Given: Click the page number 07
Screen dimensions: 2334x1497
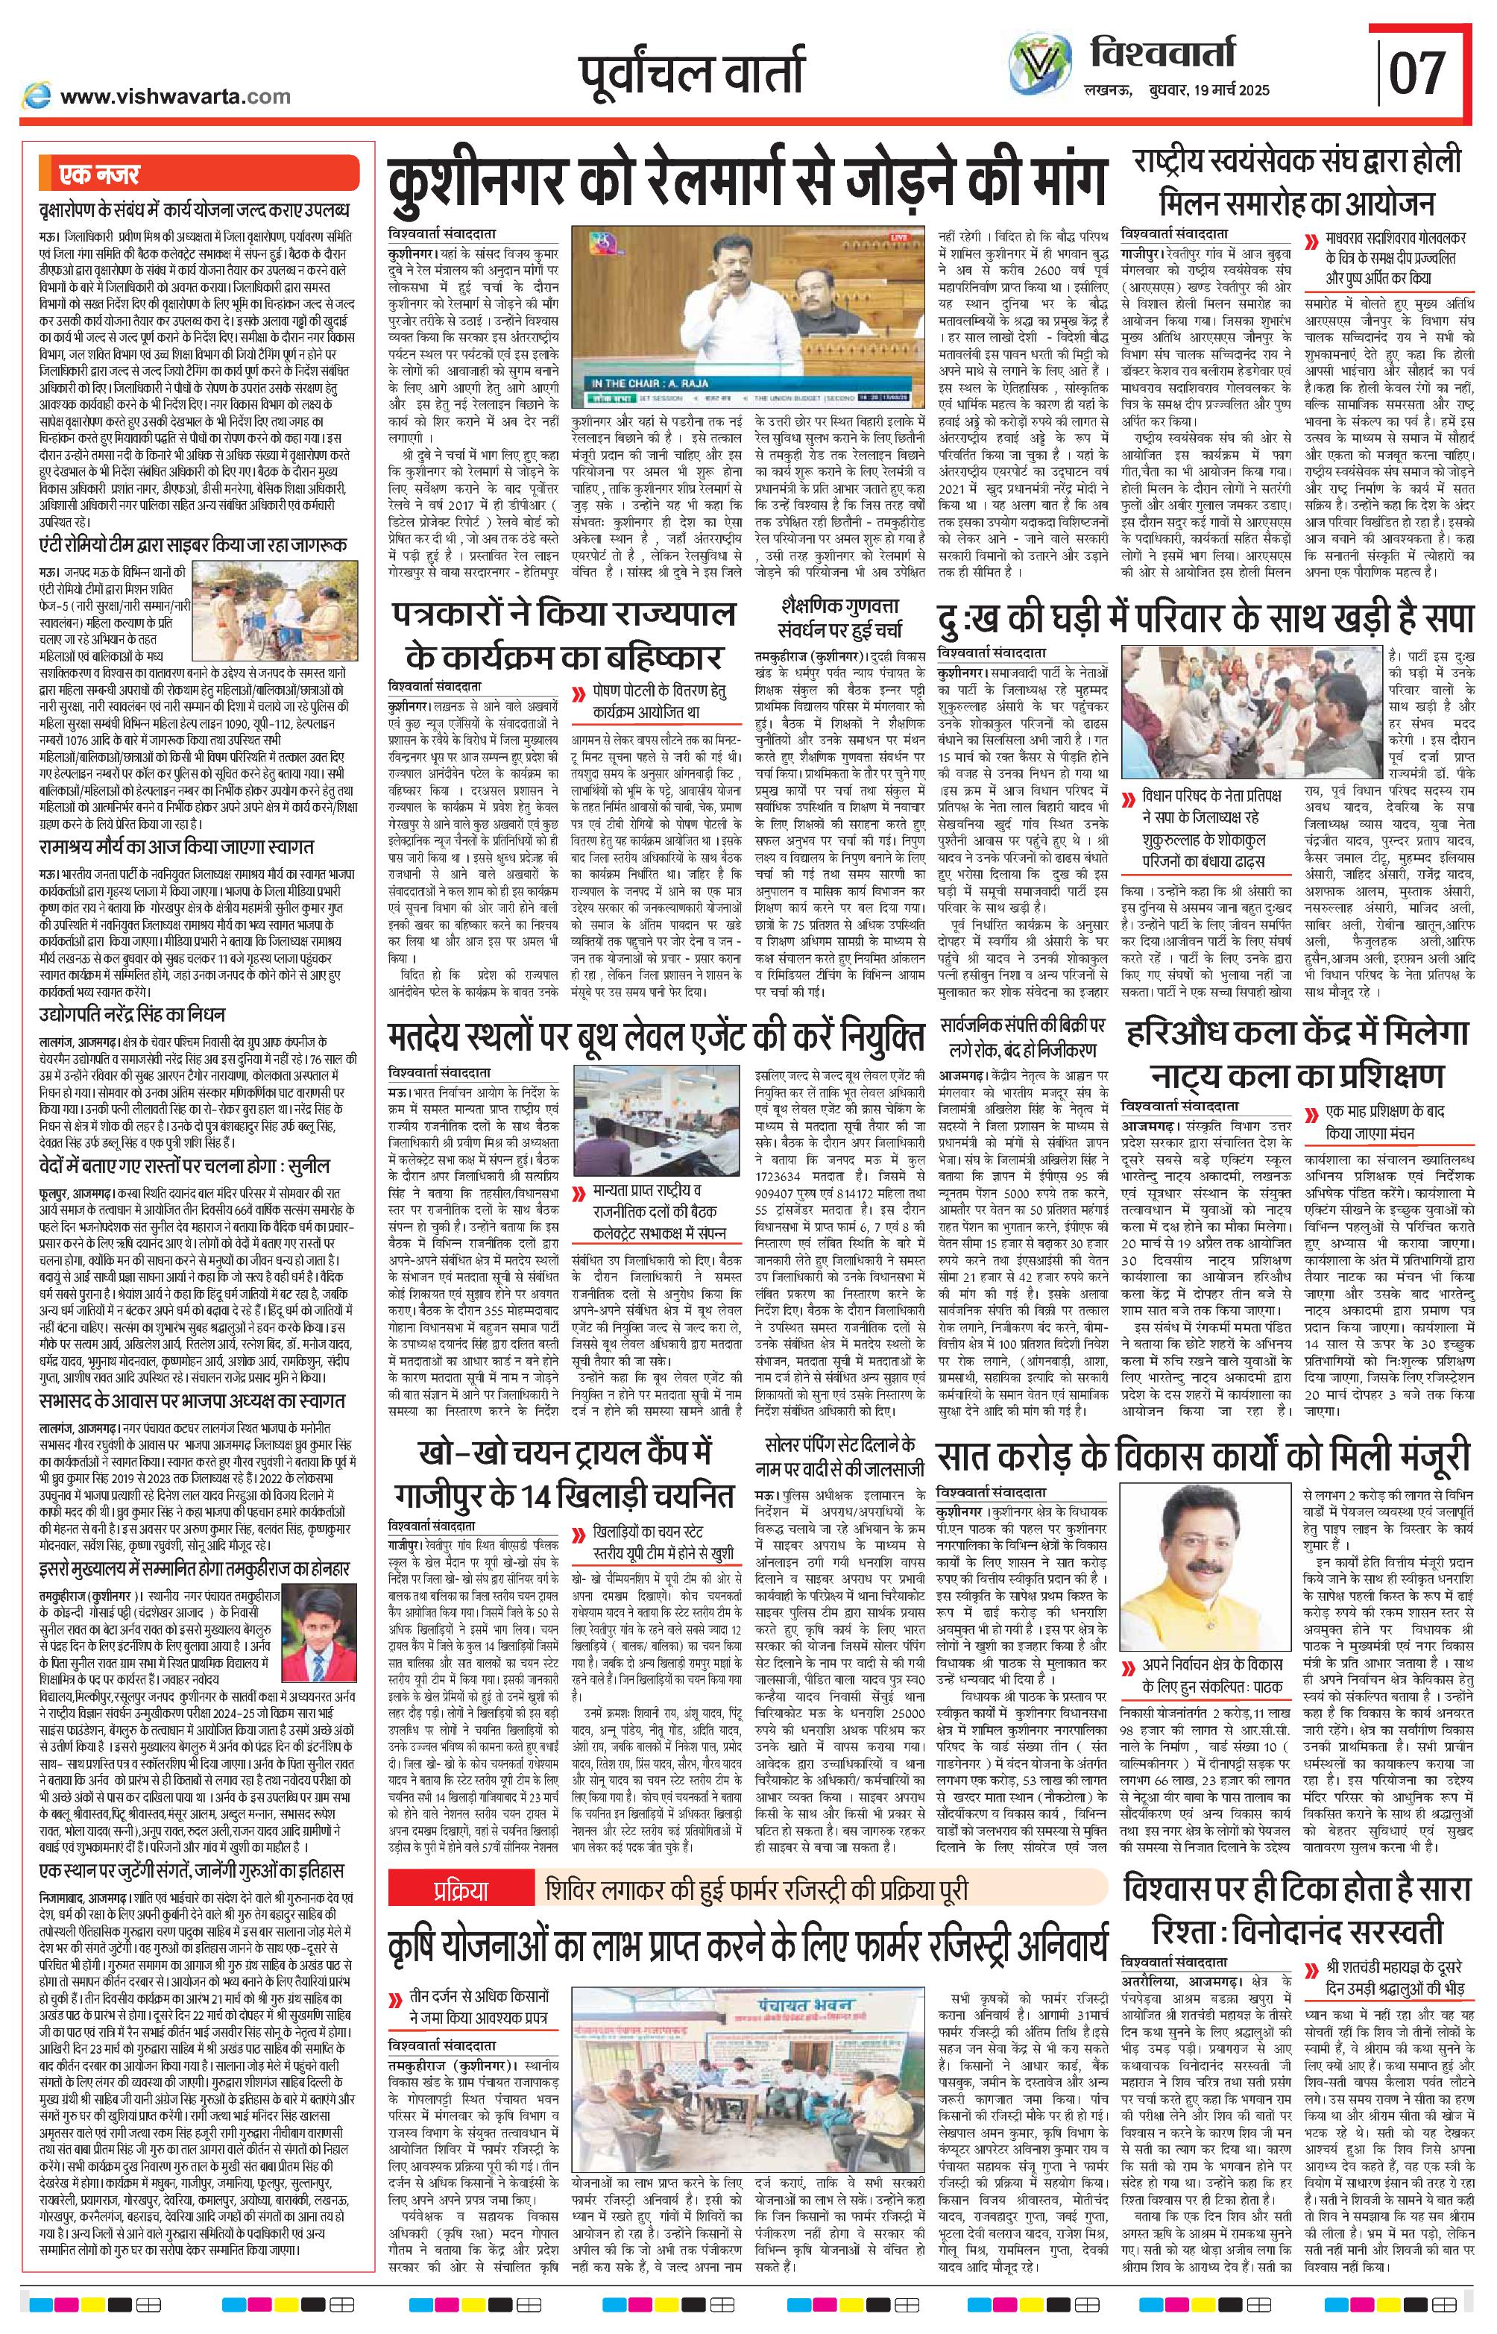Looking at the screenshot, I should tap(1417, 73).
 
